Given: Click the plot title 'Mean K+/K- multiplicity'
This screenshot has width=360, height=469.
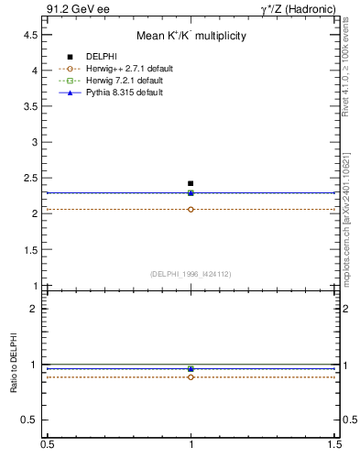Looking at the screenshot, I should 191,36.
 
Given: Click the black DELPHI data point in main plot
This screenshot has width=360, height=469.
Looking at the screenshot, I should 191,183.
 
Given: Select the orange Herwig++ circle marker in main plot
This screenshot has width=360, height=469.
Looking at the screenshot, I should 191,210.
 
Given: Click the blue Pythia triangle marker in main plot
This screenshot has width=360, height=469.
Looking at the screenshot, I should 191,192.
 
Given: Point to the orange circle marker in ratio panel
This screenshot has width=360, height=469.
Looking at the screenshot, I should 191,376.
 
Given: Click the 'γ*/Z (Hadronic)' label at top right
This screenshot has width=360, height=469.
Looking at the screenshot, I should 301,9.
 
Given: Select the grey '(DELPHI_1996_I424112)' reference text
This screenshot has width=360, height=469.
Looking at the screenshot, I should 191,274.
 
